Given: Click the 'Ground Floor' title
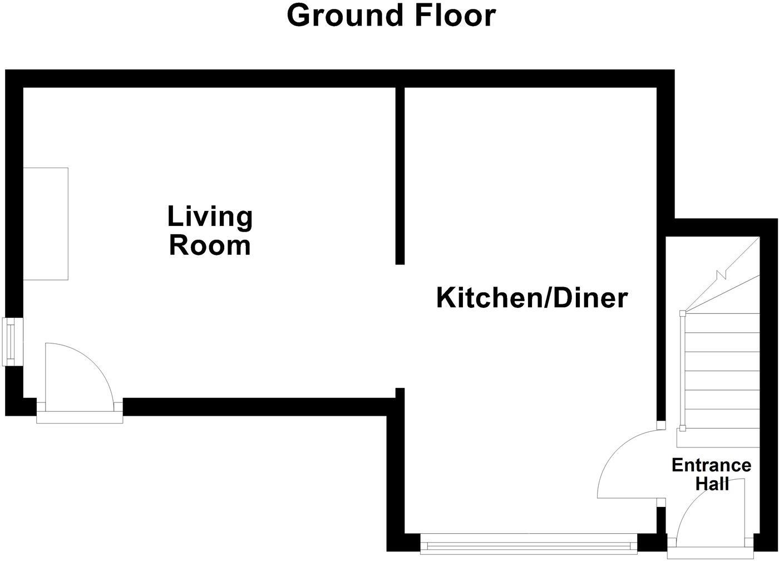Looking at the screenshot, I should (x=391, y=16).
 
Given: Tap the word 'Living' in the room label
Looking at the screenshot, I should (x=210, y=216).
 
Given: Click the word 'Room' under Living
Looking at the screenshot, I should (x=210, y=245).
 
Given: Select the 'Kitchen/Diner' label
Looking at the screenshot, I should (x=531, y=298).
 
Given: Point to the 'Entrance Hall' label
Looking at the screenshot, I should (x=711, y=474).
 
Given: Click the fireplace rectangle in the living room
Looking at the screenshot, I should (x=46, y=223).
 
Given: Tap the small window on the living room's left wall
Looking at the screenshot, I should (x=12, y=341).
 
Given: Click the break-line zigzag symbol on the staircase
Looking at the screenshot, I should (x=722, y=274).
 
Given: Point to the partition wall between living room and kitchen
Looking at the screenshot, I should (x=400, y=175).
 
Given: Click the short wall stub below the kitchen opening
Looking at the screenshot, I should (x=399, y=393).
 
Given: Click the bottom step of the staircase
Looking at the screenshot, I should (x=718, y=437).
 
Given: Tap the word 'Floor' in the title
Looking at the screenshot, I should (x=454, y=16).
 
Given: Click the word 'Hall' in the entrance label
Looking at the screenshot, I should (x=712, y=484).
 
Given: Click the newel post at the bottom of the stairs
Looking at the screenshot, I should (x=682, y=428).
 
